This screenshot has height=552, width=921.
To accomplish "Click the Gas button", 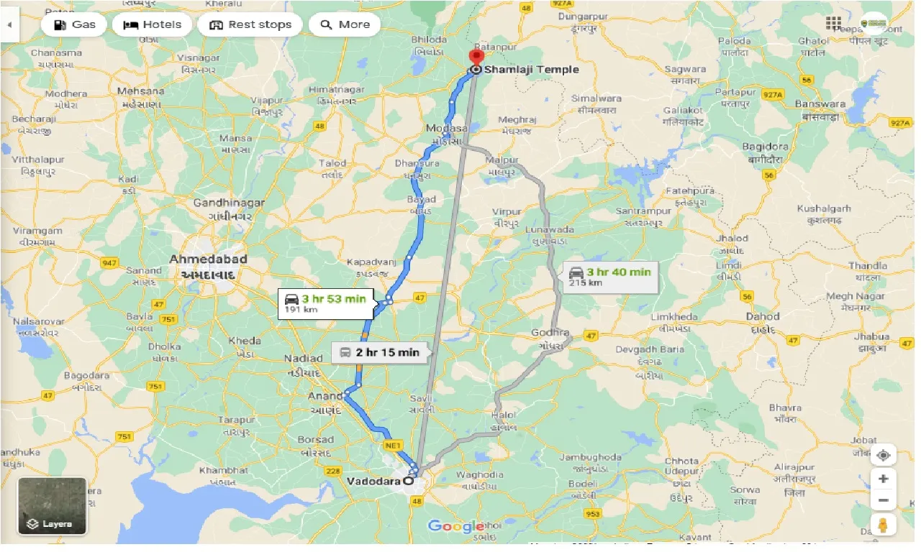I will click(x=75, y=24).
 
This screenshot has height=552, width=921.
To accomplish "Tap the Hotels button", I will click(x=152, y=24).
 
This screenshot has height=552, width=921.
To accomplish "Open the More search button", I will click(x=345, y=24).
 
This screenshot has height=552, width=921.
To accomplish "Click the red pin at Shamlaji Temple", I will click(x=476, y=57).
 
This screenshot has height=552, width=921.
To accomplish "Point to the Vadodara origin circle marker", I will click(x=409, y=481).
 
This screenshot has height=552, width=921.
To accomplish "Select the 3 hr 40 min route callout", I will click(x=610, y=276).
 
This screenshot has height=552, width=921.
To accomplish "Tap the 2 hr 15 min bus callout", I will click(x=379, y=352).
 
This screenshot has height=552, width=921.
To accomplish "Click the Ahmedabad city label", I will click(x=208, y=259).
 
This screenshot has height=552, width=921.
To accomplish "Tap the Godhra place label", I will click(x=550, y=333).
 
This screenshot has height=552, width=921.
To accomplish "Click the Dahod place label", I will click(x=762, y=316).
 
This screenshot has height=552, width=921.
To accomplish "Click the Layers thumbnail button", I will click(x=52, y=506).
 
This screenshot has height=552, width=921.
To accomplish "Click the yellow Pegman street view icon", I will click(x=883, y=524).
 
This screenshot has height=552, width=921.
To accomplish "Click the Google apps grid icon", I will click(x=833, y=24).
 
